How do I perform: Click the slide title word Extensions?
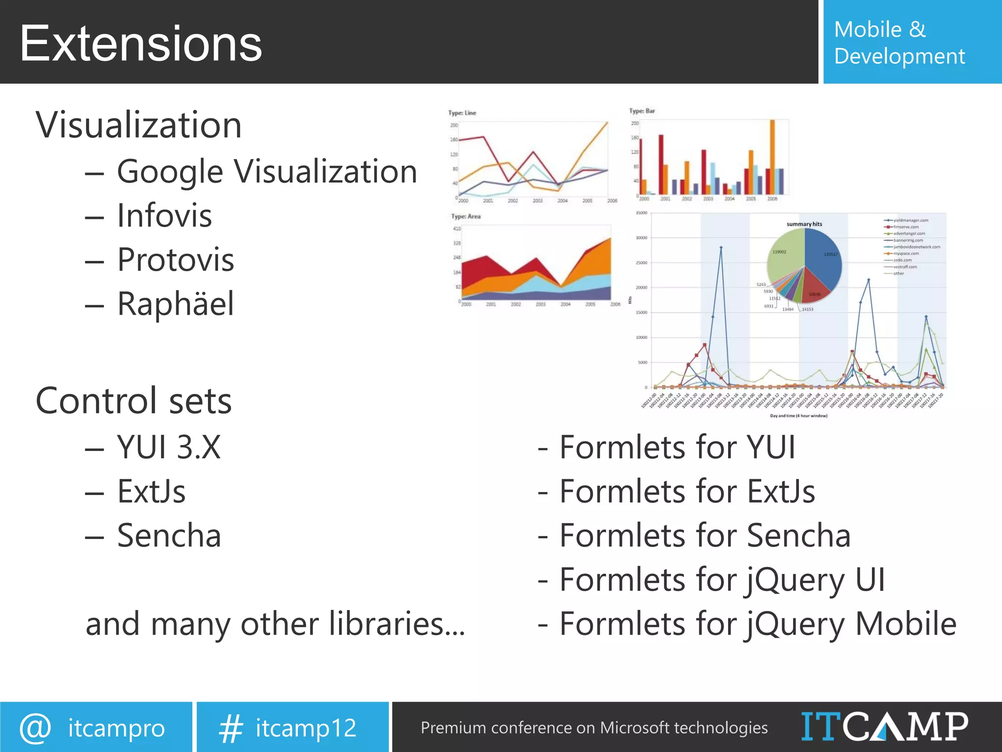coord(141,44)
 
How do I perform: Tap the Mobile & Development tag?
coord(899,43)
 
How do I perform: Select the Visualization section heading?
coord(138,125)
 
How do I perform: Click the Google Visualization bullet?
coord(267,172)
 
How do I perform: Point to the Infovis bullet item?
coord(164,215)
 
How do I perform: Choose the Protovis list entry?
coord(175,259)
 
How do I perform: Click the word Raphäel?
coord(176,304)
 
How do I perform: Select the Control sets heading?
coord(134,401)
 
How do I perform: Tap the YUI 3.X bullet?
coord(169,447)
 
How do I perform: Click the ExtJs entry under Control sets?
coord(151,491)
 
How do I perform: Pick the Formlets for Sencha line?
coord(705,535)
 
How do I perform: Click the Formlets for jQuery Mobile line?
coord(757,624)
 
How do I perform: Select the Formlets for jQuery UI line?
coord(722,580)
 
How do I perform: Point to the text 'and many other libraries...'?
coord(275,624)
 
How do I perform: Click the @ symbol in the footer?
coord(35,728)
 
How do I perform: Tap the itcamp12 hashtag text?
coord(306,728)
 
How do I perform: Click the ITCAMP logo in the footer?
coord(884,727)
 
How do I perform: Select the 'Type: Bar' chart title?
coord(641,111)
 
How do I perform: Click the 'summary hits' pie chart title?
coord(804,224)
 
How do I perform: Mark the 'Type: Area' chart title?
coord(466,216)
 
